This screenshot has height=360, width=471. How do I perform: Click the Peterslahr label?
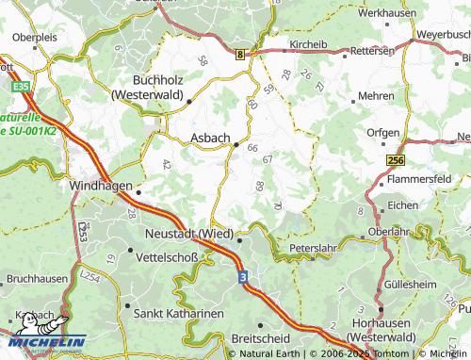(x=313, y=248)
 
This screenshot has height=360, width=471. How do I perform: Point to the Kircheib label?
(x=308, y=44)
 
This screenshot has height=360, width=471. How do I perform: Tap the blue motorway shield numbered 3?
(x=242, y=277)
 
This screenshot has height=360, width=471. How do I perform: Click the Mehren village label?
(x=376, y=96)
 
